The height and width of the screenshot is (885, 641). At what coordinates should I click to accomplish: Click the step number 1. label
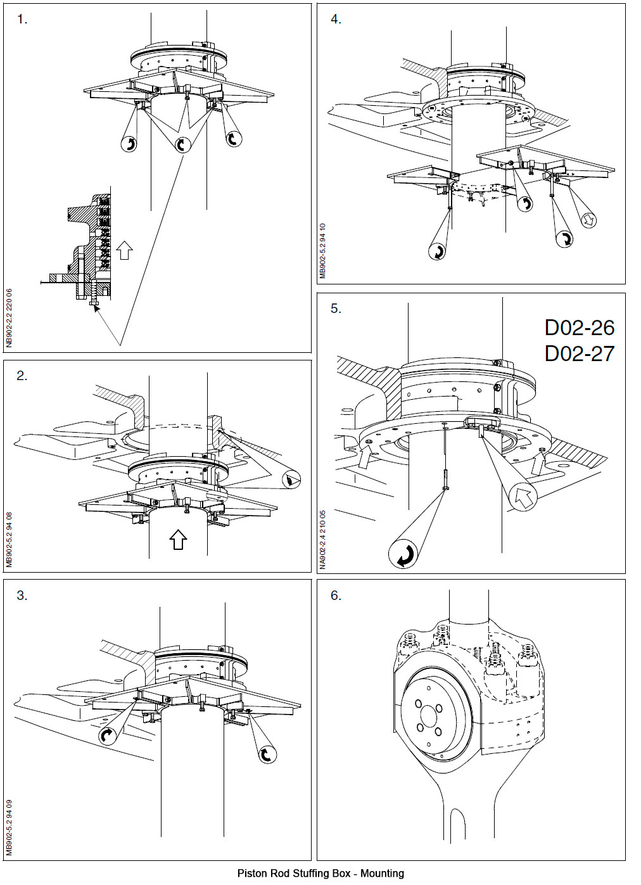click(x=22, y=20)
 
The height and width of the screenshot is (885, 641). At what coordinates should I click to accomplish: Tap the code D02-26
click(x=579, y=328)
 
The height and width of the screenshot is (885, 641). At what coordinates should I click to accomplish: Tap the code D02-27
click(x=579, y=353)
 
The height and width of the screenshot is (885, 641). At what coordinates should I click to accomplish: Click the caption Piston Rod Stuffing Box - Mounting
click(x=320, y=873)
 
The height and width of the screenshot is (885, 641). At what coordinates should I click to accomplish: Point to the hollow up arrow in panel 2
click(x=178, y=539)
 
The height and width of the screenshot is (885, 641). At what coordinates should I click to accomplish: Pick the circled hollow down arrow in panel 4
click(x=588, y=220)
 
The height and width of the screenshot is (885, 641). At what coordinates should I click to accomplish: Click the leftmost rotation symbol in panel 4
click(x=437, y=251)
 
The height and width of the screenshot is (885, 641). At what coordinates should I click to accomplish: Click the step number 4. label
click(x=336, y=20)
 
